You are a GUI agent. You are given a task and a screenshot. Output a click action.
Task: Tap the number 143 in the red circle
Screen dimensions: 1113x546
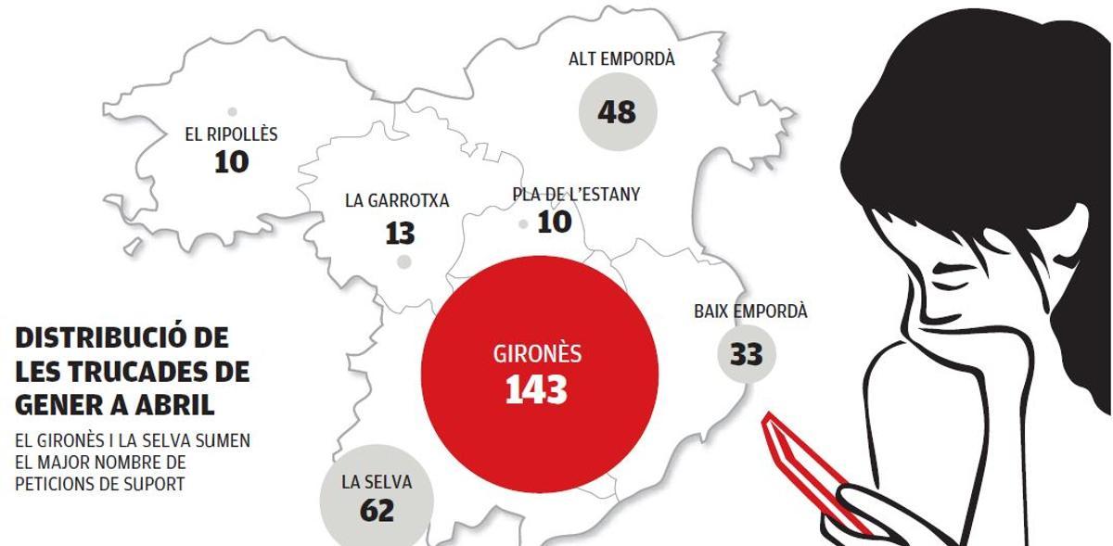pyautogui.click(x=536, y=390)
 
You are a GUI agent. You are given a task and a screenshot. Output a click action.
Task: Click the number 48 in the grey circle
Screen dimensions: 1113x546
pyautogui.click(x=617, y=112)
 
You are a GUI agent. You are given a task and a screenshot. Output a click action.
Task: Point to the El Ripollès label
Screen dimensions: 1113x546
pyautogui.click(x=231, y=134)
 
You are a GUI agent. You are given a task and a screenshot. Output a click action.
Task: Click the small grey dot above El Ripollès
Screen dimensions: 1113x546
pyautogui.click(x=231, y=111)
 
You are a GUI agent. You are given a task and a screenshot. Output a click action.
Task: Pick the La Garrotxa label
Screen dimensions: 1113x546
pyautogui.click(x=397, y=200)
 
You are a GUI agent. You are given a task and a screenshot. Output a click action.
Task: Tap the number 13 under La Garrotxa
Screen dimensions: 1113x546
pyautogui.click(x=400, y=232)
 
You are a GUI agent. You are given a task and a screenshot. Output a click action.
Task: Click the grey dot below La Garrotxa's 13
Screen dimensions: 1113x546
pyautogui.click(x=403, y=262)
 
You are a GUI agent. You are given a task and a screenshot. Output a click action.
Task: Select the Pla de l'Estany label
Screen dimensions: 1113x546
pyautogui.click(x=576, y=195)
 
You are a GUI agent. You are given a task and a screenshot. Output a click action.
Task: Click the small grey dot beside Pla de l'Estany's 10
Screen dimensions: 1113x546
pyautogui.click(x=523, y=223)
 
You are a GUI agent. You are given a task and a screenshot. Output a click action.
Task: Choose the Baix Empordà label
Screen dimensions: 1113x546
pyautogui.click(x=750, y=311)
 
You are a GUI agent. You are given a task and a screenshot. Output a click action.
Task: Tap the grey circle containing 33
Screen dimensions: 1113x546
pyautogui.click(x=746, y=353)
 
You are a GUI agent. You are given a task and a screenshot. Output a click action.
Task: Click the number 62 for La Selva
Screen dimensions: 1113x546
pyautogui.click(x=376, y=511)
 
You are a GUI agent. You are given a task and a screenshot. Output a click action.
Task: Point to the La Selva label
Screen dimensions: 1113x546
pyautogui.click(x=377, y=482)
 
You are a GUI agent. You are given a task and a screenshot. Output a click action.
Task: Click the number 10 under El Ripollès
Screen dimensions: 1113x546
pyautogui.click(x=231, y=162)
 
